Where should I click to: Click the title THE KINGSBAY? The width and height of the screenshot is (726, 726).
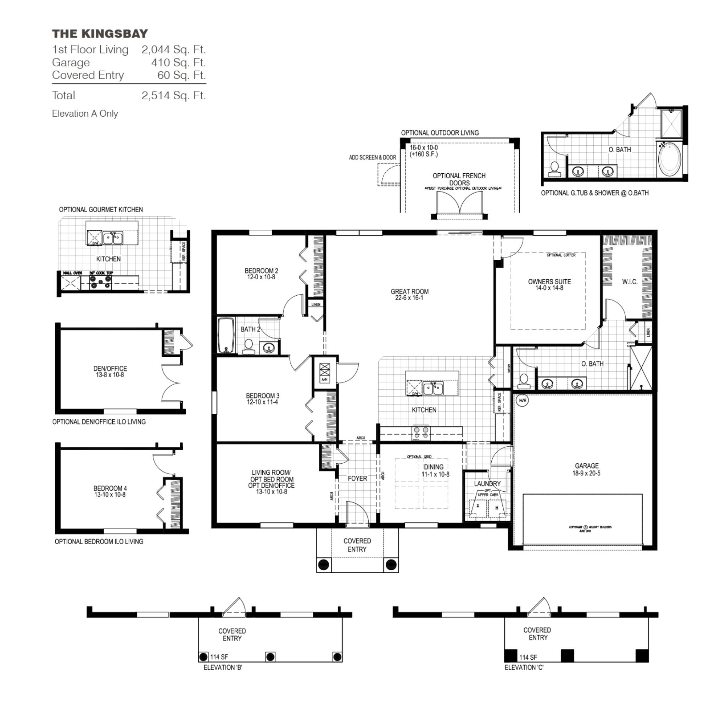click(x=100, y=34)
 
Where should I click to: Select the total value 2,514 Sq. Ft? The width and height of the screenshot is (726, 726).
click(x=174, y=95)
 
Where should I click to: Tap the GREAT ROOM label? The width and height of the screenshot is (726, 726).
click(x=409, y=292)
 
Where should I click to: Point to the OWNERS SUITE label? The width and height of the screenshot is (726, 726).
click(x=549, y=282)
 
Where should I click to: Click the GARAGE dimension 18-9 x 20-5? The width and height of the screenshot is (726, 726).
click(x=586, y=474)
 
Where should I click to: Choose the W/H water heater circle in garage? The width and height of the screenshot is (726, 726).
click(x=522, y=401)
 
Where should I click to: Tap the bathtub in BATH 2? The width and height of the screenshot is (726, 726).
click(x=226, y=336)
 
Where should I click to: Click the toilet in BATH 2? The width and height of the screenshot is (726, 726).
click(x=248, y=346)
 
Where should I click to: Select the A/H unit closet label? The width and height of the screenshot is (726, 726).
click(x=324, y=380)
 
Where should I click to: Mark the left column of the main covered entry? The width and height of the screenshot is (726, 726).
click(x=324, y=564)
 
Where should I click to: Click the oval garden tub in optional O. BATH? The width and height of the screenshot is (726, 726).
click(x=669, y=159)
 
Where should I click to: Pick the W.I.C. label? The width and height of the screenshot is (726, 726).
click(x=630, y=282)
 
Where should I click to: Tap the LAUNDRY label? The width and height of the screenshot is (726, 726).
click(x=487, y=484)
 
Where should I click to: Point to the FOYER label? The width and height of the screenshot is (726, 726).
click(x=357, y=478)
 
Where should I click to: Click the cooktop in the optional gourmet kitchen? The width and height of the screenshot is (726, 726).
click(x=100, y=282)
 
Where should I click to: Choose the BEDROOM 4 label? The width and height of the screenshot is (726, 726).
click(x=110, y=488)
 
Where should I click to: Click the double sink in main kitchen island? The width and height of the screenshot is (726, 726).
click(x=433, y=389)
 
